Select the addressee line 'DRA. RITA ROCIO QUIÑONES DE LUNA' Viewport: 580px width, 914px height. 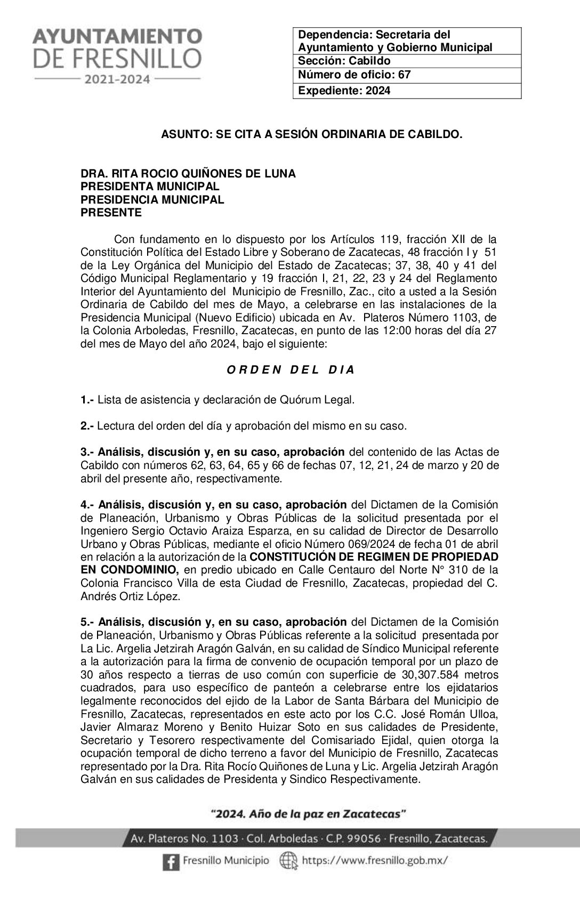(x=188, y=174)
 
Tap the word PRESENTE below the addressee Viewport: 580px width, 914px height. (x=111, y=213)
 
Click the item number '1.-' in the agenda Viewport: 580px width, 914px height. (x=87, y=399)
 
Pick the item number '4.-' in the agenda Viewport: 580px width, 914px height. (x=87, y=505)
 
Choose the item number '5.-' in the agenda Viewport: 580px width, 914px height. (x=87, y=622)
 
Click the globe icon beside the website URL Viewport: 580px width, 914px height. (x=287, y=860)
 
